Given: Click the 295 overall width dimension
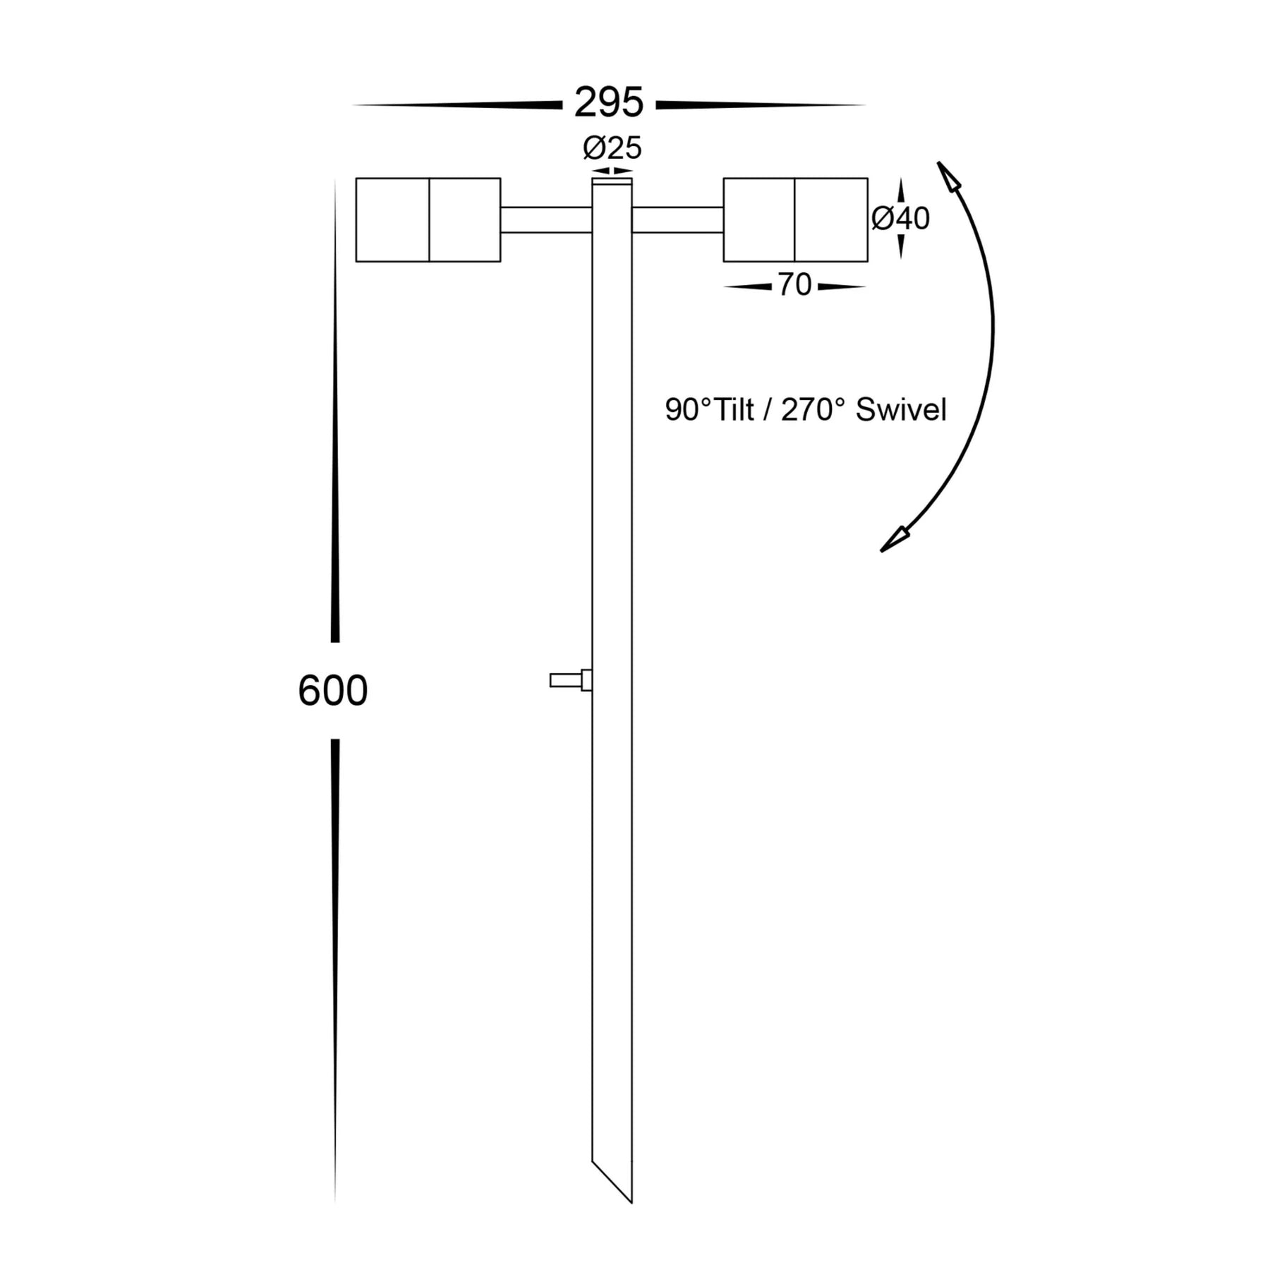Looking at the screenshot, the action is pos(609,102).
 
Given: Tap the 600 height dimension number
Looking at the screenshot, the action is pos(333,691).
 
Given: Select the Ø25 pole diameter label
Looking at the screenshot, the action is pos(612,148).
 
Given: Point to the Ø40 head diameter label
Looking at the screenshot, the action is pos(900,219).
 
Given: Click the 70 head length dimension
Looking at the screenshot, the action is pos(794,286).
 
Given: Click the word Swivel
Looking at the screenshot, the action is pos(901,410).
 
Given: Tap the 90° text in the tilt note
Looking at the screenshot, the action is pos(688,410).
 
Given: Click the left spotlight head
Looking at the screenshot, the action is pos(428,219).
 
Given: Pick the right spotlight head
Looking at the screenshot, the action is pos(795,219).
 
